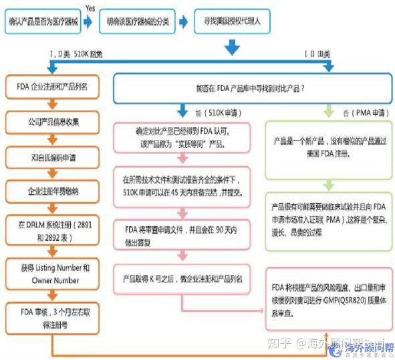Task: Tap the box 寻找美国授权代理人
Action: [234, 21]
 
